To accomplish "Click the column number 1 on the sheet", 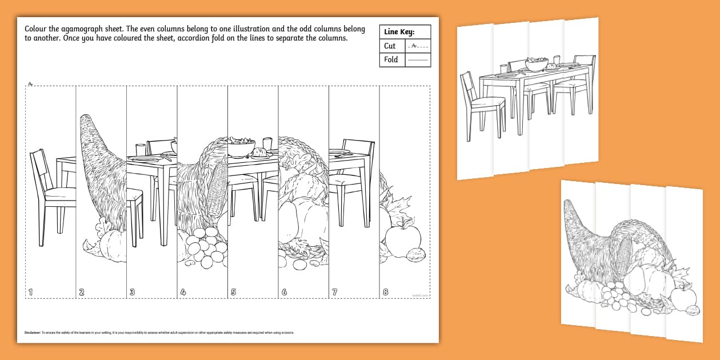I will (31, 292).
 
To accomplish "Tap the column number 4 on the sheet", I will (183, 292).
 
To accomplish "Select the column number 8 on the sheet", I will (385, 292).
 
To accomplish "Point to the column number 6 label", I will (284, 292).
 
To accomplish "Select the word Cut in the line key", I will (390, 46).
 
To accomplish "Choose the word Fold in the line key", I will (391, 59).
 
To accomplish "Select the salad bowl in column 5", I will (241, 146).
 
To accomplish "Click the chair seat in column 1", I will (60, 194).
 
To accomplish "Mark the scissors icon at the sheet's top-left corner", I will (29, 83).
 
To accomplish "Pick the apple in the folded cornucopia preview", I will (683, 296).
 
